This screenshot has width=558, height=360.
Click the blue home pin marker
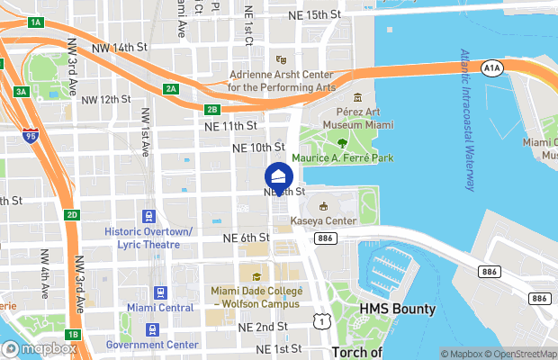(279, 176)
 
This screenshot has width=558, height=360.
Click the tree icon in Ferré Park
(342, 141)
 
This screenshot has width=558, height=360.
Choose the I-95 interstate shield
(30, 138)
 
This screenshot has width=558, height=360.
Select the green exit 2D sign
(72, 215)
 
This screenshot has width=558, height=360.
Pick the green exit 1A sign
(36, 22)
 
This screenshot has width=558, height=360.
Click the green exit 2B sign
(212, 110)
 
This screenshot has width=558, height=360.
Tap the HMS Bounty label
(397, 309)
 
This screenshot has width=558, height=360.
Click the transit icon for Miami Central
(161, 292)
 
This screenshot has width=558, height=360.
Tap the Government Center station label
(152, 345)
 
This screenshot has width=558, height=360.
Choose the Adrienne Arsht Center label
(282, 81)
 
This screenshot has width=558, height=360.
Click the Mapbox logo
(40, 348)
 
